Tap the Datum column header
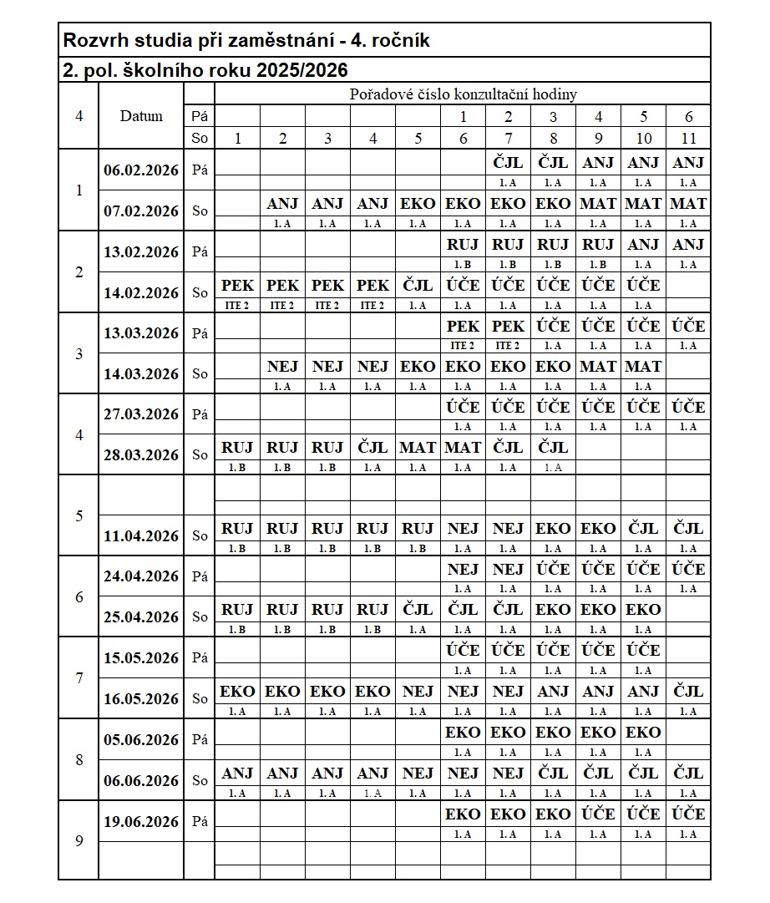[141, 116]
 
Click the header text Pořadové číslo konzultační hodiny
[463, 94]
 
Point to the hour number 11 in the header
[688, 139]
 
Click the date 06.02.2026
[141, 170]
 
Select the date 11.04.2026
[141, 535]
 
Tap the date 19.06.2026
[141, 821]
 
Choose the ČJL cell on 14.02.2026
[418, 285]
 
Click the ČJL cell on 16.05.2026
[688, 691]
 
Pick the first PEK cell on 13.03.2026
[463, 326]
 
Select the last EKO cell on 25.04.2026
[643, 610]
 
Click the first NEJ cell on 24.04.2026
[463, 569]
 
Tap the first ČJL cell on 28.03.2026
[372, 447]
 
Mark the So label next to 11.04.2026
[200, 535]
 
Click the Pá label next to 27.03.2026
[200, 414]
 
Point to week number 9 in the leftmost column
[79, 840]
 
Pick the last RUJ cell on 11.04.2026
[418, 528]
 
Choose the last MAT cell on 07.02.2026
[688, 203]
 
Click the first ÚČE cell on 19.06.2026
[598, 814]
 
